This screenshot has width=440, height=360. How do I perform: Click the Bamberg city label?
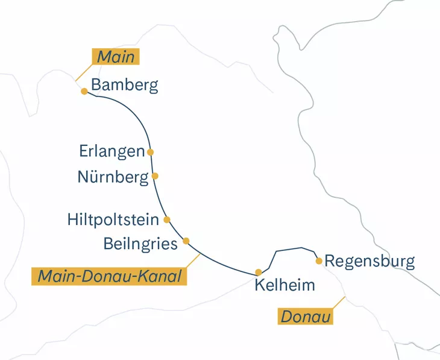click(x=125, y=85)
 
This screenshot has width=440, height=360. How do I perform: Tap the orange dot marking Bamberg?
click(x=84, y=91)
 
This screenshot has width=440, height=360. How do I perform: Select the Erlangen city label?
click(x=112, y=151)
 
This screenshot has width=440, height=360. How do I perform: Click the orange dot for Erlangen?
click(x=150, y=152)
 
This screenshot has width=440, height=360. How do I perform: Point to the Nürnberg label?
click(x=113, y=177)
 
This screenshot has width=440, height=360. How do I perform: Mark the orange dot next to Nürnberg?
click(x=155, y=176)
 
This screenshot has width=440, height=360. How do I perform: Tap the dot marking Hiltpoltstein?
click(x=167, y=219)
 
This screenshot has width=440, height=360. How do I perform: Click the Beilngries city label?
click(x=140, y=244)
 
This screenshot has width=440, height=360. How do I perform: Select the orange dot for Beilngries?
click(x=186, y=241)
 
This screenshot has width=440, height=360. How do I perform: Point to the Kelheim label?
click(x=284, y=285)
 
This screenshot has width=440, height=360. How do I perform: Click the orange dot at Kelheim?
click(x=259, y=272)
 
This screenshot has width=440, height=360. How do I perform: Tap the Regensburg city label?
click(x=369, y=262)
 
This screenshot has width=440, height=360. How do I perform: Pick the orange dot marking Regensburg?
click(x=319, y=261)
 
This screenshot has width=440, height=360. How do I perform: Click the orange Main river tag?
click(x=116, y=57)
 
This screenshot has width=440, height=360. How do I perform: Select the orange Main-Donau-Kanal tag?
click(x=109, y=277)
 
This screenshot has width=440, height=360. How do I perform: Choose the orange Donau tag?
click(x=306, y=316)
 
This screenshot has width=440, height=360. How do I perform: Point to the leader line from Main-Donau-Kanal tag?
click(x=192, y=262)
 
